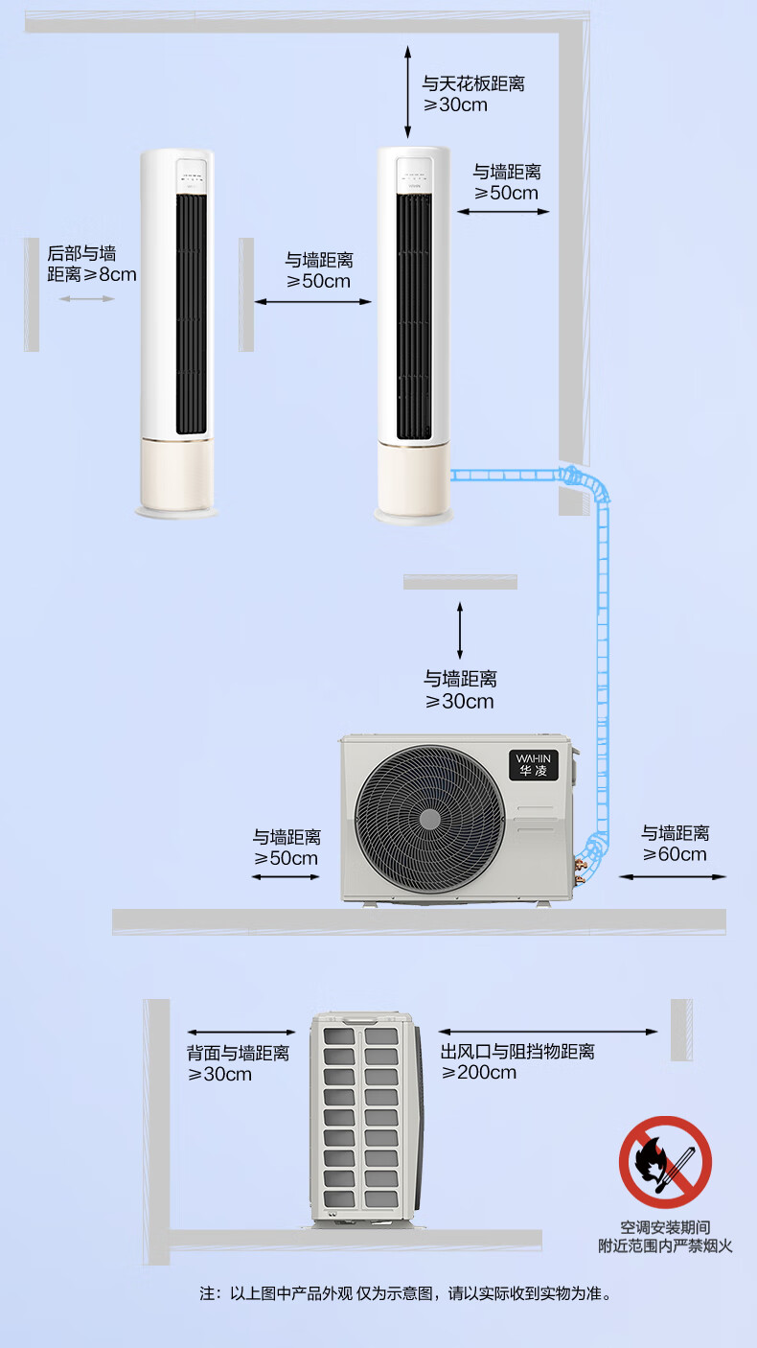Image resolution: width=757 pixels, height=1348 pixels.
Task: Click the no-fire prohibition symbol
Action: [665, 1161]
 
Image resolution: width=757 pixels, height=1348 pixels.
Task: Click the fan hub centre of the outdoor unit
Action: [429, 819]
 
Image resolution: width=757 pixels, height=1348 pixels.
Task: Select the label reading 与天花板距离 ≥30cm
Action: [473, 94]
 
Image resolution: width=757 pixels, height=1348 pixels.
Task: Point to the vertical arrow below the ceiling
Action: [408, 91]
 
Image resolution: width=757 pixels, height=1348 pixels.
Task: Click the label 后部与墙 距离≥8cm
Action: [92, 264]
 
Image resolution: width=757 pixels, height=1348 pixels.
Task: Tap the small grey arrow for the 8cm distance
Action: [86, 299]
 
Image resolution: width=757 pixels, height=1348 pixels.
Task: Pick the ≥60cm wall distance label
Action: [676, 844]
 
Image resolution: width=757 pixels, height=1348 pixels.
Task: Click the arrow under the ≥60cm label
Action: [673, 876]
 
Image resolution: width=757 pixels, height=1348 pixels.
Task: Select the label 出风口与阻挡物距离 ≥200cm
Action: [517, 1061]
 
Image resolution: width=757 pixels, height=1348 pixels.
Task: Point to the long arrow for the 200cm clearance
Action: [548, 1033]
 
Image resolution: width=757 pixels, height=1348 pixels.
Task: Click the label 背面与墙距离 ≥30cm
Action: [238, 1063]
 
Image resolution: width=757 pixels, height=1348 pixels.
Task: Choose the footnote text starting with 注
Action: [405, 1293]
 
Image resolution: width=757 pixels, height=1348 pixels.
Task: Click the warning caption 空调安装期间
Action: [664, 1227]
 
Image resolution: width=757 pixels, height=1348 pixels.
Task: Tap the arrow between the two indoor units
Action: [312, 302]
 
